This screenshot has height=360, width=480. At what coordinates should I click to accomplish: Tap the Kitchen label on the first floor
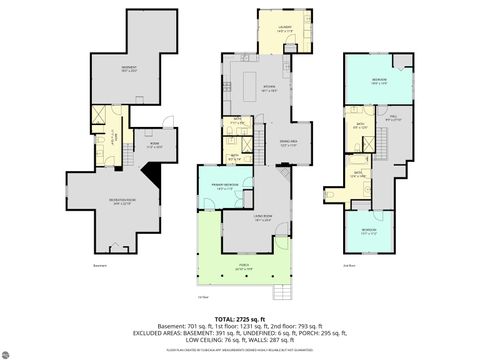(241, 88)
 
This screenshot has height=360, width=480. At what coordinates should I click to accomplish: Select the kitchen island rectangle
(247, 77)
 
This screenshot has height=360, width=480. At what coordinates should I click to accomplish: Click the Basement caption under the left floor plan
(100, 266)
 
